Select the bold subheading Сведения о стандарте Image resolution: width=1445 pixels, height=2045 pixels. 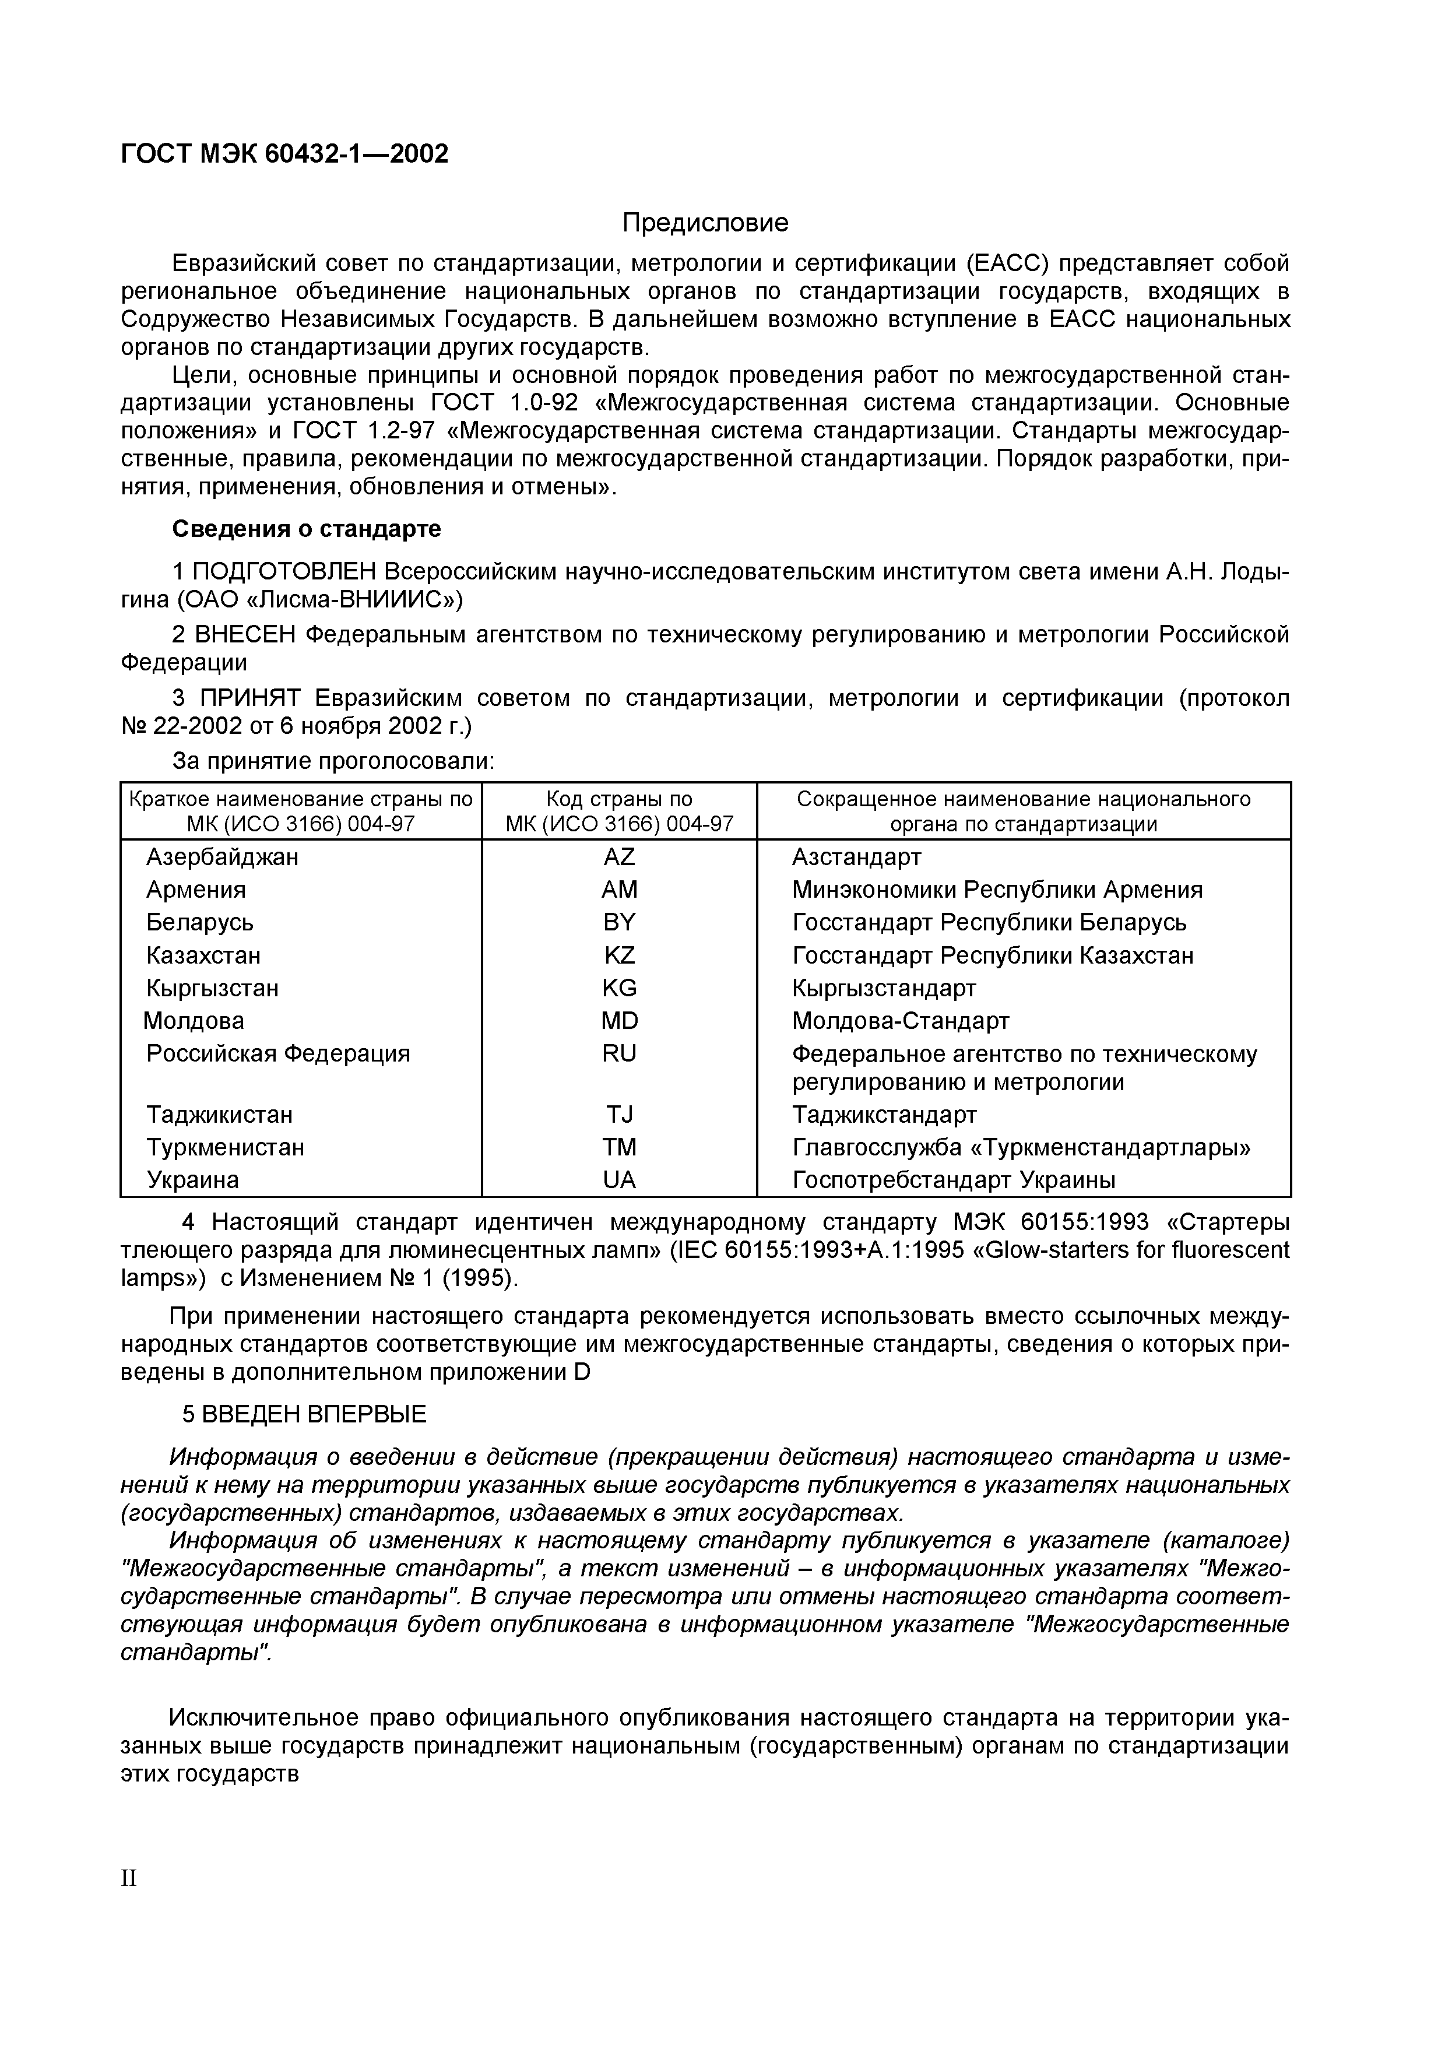(306, 529)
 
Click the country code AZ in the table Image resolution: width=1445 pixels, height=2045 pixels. (619, 857)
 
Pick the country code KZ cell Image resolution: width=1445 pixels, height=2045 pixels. (619, 955)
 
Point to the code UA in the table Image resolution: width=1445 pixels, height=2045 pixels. (619, 1179)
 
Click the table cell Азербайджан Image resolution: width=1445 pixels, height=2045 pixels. (223, 857)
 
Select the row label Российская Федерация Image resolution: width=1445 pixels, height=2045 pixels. (278, 1053)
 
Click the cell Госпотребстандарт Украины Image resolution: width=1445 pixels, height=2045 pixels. (952, 1179)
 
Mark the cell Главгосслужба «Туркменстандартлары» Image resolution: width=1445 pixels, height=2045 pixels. (1020, 1147)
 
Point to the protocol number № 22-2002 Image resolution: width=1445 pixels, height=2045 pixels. (182, 726)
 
